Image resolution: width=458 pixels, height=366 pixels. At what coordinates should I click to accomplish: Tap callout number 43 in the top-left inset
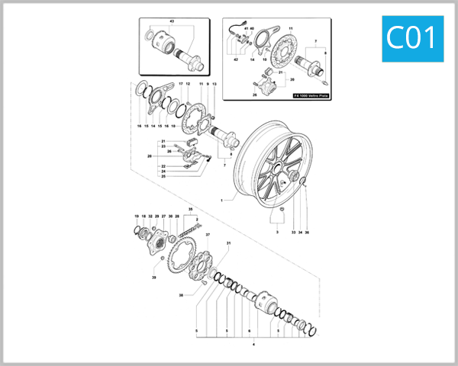(171, 22)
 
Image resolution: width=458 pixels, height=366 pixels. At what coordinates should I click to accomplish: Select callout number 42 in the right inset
(236, 59)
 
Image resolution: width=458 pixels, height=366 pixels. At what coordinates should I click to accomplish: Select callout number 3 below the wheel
(278, 231)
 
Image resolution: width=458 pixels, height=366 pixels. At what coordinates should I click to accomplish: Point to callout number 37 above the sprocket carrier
(208, 235)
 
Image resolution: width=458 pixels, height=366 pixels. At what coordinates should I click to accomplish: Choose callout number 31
(227, 242)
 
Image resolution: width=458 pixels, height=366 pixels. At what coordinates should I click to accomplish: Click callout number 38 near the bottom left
(181, 294)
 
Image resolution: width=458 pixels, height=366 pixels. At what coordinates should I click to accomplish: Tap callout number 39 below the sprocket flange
(153, 278)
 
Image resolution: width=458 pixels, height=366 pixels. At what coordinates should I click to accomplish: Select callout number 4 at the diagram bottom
(254, 344)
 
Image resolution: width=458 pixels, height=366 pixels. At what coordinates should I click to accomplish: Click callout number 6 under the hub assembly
(248, 332)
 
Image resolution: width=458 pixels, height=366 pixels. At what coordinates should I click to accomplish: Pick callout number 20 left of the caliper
(150, 157)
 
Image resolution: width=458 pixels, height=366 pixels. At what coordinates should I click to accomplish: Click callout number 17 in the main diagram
(181, 83)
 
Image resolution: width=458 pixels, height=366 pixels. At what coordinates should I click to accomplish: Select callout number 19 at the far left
(137, 217)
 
